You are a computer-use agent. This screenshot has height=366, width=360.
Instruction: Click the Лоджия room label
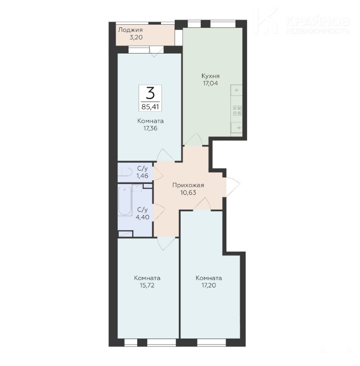(x=130, y=30)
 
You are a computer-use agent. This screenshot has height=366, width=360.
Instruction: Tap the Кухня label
(x=210, y=76)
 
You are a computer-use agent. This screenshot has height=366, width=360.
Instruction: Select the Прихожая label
(x=188, y=185)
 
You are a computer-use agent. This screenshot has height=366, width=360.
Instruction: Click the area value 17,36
(x=150, y=128)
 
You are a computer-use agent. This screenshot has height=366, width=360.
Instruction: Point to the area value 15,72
(x=147, y=285)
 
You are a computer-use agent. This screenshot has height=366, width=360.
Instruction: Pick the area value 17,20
(x=209, y=285)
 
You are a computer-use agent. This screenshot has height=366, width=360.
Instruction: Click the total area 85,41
(x=150, y=107)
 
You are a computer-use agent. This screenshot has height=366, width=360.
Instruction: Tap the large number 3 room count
(x=150, y=92)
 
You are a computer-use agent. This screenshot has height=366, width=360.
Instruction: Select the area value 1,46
(x=143, y=176)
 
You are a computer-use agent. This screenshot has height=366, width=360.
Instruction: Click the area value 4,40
(x=143, y=217)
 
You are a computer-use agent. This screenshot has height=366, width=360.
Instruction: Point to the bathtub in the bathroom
(x=125, y=200)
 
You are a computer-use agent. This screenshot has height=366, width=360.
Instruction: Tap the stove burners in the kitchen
(x=237, y=110)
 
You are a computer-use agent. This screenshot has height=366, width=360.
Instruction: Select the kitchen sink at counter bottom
(x=237, y=128)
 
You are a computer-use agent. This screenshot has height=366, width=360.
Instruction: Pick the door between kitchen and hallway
(x=193, y=140)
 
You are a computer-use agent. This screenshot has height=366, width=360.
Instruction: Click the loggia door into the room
(x=157, y=51)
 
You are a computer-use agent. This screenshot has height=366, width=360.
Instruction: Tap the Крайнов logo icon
(x=266, y=21)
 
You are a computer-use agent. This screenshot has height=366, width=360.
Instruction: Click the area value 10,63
(x=188, y=193)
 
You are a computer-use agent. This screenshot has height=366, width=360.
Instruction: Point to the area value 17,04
(x=210, y=83)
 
